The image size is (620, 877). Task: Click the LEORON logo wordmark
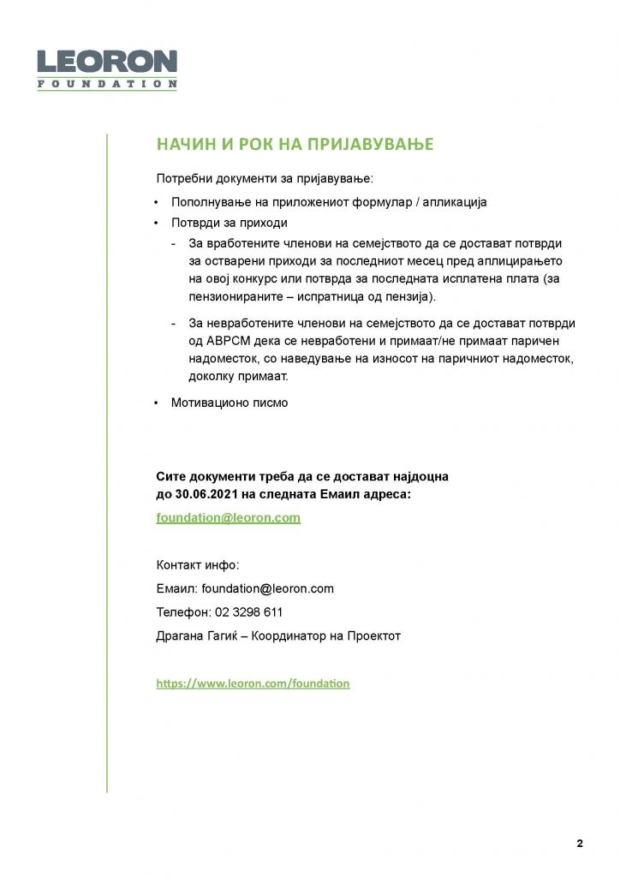coord(106,63)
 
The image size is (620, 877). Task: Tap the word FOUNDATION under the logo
coord(106,84)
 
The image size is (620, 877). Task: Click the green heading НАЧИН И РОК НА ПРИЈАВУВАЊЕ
coord(295,144)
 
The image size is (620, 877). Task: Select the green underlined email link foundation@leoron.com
coord(228,518)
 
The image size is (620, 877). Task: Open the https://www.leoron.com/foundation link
coord(253,683)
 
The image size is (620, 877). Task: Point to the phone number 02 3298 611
coord(255,612)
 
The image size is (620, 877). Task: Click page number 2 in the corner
coord(580,844)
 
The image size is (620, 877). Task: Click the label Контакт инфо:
coord(198,565)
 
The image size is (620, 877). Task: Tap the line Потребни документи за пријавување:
coord(265,180)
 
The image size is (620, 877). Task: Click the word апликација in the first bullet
coord(452,202)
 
